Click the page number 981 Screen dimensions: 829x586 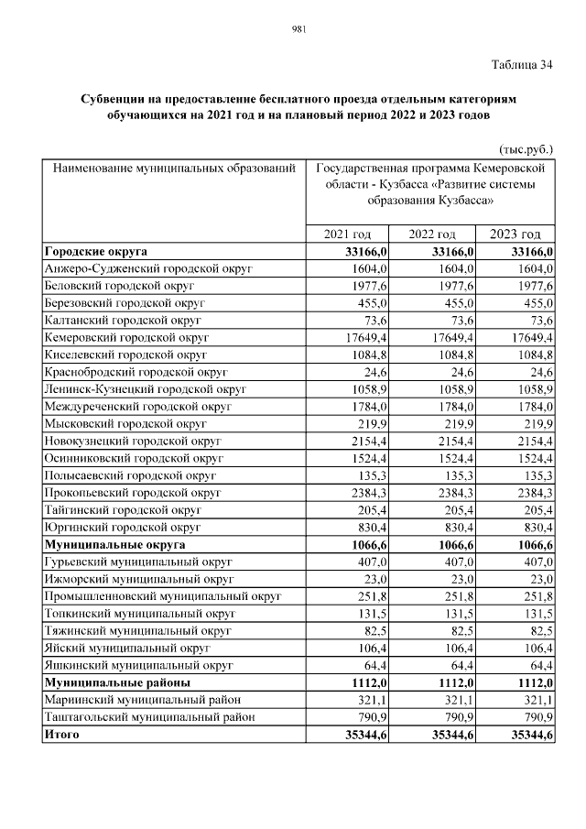(x=298, y=29)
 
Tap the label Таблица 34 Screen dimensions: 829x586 (x=522, y=65)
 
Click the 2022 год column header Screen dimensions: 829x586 (x=432, y=234)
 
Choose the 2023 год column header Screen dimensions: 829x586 (x=516, y=234)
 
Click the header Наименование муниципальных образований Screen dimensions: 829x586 (x=174, y=169)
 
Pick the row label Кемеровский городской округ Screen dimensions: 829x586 (x=126, y=337)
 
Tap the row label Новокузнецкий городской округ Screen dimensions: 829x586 (x=134, y=442)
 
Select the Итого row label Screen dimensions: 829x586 (x=61, y=734)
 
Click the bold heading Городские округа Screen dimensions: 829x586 (x=95, y=250)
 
